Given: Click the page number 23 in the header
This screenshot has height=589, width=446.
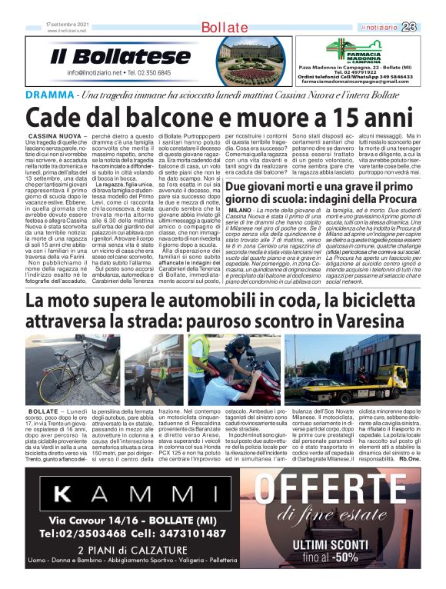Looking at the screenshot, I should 430,28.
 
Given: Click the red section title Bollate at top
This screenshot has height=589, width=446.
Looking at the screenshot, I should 224,28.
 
